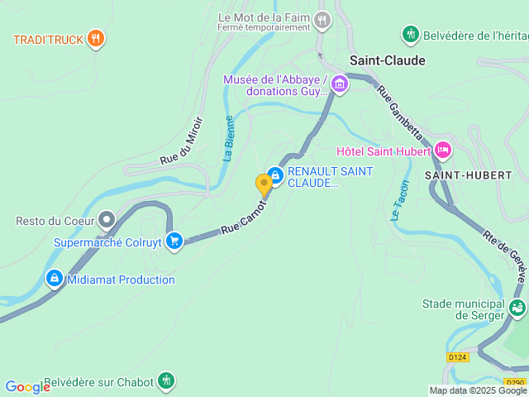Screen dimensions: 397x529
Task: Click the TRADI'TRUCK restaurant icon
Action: [97, 39]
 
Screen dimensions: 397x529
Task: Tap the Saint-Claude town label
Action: [387, 60]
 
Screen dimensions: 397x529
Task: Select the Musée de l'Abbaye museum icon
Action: [340, 84]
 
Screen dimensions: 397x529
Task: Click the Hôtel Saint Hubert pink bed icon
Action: [443, 151]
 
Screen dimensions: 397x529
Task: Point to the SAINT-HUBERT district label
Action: [468, 175]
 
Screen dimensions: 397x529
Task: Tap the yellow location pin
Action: [264, 184]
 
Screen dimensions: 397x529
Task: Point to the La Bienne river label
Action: [229, 137]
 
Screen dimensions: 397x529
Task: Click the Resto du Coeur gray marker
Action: [107, 220]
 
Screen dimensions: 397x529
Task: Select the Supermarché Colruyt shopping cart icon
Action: [174, 242]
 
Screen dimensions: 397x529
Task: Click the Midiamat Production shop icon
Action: [55, 279]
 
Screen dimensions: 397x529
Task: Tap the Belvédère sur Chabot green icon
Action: [166, 380]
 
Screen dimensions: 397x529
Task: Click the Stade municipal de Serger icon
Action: [517, 309]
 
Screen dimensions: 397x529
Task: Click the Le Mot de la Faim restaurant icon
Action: [322, 20]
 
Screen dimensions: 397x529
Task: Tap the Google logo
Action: [27, 387]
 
